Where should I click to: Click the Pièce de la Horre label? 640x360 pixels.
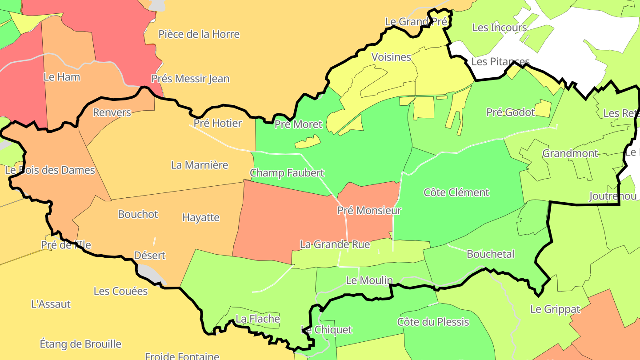click(199, 34)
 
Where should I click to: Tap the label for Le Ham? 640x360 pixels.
click(62, 77)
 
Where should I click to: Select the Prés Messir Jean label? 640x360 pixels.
click(190, 79)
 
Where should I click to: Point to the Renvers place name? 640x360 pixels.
click(112, 112)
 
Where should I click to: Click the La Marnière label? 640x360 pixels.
click(200, 165)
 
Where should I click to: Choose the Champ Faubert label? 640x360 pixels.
click(287, 173)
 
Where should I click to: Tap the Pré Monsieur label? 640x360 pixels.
click(369, 210)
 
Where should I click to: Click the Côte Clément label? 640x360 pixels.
click(456, 192)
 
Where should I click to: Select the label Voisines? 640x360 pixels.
click(391, 57)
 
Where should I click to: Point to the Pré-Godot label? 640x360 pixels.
click(510, 112)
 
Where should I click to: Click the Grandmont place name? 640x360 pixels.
click(570, 153)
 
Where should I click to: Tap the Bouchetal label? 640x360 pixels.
click(490, 254)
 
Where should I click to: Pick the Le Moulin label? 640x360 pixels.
click(369, 280)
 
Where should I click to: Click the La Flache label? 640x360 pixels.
click(258, 319)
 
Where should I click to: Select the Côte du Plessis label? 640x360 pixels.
click(433, 322)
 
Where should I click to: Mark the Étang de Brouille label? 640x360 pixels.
click(80, 344)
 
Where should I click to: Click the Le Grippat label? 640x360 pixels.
click(555, 309)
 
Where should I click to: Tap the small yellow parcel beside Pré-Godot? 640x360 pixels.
click(543, 108)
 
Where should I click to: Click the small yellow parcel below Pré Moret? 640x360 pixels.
click(308, 142)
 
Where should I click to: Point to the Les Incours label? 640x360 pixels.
click(499, 28)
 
